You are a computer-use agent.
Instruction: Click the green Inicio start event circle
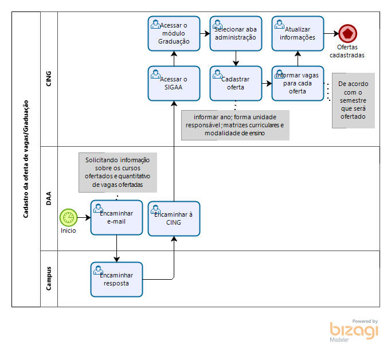pos(68,218)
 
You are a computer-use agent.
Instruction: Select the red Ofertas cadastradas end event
pos(346,33)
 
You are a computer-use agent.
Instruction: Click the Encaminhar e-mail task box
pos(116,218)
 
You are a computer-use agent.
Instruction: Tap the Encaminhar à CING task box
pos(174,218)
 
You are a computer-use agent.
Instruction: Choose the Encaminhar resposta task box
pos(116,279)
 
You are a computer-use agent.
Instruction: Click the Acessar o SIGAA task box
pos(174,83)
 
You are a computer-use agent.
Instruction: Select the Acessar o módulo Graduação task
pos(174,33)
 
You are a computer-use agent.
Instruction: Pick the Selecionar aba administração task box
pos(236,33)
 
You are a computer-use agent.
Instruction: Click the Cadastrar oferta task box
pos(236,83)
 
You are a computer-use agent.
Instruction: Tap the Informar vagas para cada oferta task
pos(298,83)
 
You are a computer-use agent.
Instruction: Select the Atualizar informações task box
pos(298,33)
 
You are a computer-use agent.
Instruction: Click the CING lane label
pos(49,79)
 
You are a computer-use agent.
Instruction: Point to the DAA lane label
pos(49,198)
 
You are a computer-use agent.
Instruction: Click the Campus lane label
pos(49,278)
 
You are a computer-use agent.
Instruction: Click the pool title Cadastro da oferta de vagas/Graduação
pos(26,159)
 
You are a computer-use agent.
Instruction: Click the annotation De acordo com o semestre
pos(353,100)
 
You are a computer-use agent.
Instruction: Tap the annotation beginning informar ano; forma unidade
pos(235,125)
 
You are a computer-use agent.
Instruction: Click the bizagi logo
pos(354,331)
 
